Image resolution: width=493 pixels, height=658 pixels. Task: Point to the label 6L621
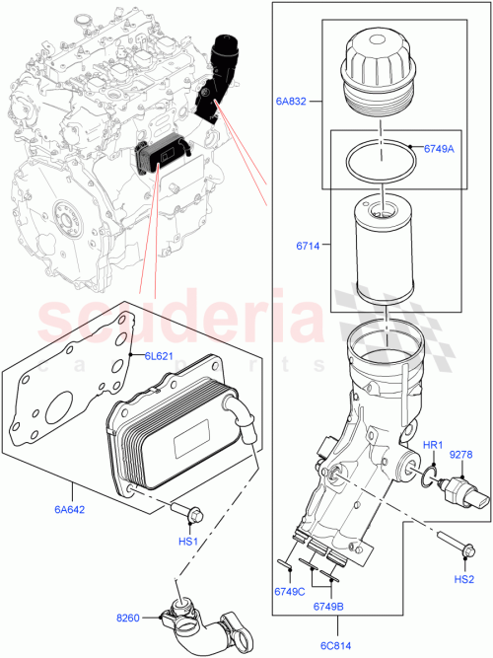[159, 355]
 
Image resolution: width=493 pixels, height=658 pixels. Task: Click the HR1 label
[432, 446]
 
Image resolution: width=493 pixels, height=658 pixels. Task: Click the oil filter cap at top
[377, 74]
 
